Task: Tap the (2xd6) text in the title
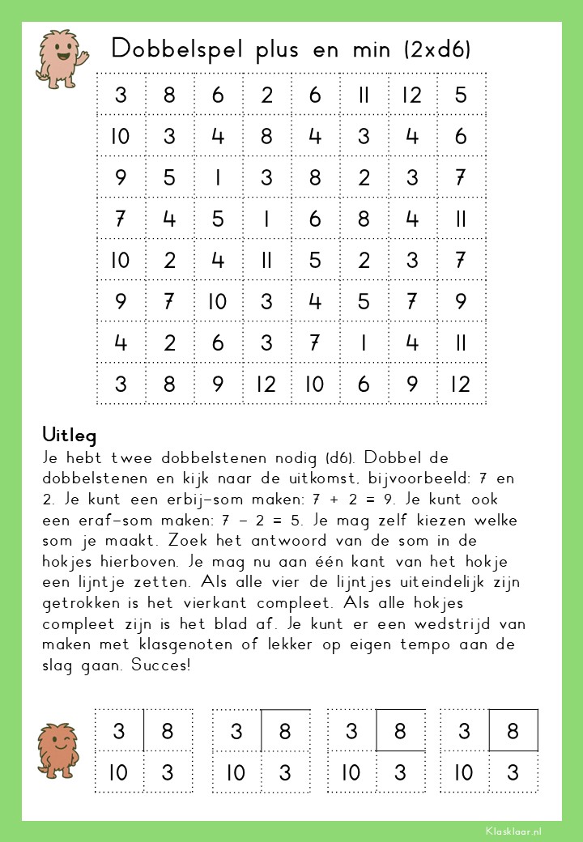[x=437, y=49]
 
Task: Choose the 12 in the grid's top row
[x=412, y=95]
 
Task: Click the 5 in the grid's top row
[x=461, y=95]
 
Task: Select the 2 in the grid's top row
[x=266, y=95]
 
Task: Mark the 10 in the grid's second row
[x=120, y=136]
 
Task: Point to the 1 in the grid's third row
[x=218, y=177]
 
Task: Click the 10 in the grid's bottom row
[x=314, y=383]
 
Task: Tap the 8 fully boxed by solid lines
[x=513, y=731]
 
